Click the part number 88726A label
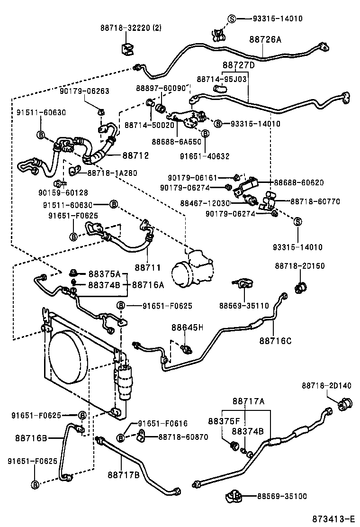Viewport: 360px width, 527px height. (265, 40)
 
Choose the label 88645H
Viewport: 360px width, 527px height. (187, 327)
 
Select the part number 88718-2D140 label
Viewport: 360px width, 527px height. (326, 386)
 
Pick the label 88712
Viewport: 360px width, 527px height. (136, 155)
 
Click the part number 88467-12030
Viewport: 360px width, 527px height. (205, 203)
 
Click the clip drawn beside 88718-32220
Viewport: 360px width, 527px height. (126, 48)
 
